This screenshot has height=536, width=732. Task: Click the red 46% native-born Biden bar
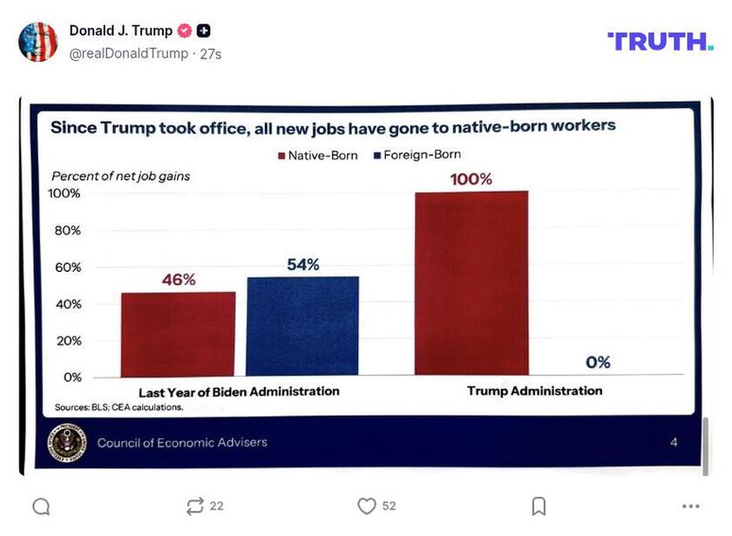(178, 334)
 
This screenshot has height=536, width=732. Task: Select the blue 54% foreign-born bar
(302, 326)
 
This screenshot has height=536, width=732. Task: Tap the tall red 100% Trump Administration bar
(471, 283)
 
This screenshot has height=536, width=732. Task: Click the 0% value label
(598, 363)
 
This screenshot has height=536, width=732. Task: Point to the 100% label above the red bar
(471, 180)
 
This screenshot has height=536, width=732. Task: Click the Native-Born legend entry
(317, 155)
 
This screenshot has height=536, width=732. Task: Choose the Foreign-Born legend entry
(417, 155)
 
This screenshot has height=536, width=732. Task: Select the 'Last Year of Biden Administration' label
(239, 391)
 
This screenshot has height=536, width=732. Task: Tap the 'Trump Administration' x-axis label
(534, 390)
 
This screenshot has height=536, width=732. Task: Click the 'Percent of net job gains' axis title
(120, 176)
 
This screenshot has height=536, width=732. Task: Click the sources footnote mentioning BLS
(119, 407)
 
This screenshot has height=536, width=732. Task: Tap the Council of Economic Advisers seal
(66, 443)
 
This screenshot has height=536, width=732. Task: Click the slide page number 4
(674, 443)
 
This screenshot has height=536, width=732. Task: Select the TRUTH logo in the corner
(660, 41)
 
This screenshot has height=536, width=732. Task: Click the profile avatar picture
(38, 42)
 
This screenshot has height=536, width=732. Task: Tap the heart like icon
(367, 506)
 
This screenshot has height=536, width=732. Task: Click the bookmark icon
(539, 506)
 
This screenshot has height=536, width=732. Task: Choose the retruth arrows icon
(195, 506)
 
